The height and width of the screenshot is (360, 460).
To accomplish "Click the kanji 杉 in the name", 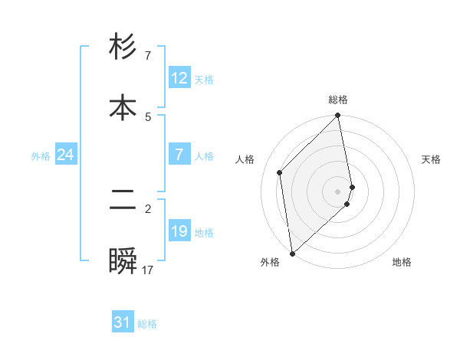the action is click(x=123, y=47).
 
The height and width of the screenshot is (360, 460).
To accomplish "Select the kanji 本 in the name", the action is click(x=123, y=106).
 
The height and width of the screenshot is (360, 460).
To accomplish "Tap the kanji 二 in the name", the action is click(x=123, y=200).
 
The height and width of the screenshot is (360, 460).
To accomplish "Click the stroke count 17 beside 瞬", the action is click(x=148, y=270).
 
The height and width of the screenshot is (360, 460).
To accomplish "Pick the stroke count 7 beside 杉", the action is click(x=148, y=56).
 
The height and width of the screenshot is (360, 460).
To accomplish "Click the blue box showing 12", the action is click(x=179, y=78).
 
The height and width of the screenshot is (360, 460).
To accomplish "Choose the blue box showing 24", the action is click(x=66, y=155).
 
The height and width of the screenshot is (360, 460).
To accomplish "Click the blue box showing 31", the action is click(x=123, y=323).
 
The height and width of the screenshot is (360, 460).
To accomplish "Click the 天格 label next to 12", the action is click(x=204, y=80).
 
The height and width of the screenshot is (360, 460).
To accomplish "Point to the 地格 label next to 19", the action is click(x=204, y=233).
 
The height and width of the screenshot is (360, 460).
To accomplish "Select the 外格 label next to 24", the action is click(x=41, y=156).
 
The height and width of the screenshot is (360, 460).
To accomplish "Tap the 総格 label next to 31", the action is click(x=147, y=324).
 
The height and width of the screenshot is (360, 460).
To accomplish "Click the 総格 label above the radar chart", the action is click(x=338, y=100).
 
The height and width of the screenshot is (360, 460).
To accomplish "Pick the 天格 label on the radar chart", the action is click(x=432, y=159).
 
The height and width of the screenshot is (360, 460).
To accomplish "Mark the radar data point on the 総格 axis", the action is click(x=338, y=116).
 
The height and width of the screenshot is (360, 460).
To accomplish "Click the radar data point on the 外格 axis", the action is click(x=291, y=253).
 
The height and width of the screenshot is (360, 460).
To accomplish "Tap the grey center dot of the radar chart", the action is click(x=338, y=191).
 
